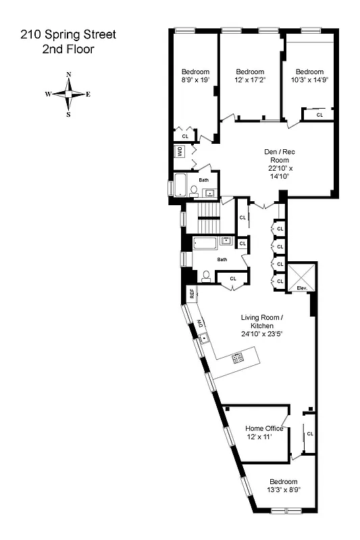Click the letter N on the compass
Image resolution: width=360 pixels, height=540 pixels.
coord(68,75)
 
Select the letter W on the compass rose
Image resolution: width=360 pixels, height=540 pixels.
coord(49,94)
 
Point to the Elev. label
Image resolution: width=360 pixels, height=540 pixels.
coord(302,288)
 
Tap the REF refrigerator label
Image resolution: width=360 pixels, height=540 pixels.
coord(192,294)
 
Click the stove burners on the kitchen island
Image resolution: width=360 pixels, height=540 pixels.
coord(238,358)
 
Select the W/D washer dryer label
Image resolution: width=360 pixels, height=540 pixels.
coord(180,151)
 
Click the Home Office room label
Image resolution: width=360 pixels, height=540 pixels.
coord(264,429)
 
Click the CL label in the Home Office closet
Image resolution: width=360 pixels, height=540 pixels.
coord(310,433)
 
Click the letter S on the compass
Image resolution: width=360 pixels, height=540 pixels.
coord(68,114)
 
